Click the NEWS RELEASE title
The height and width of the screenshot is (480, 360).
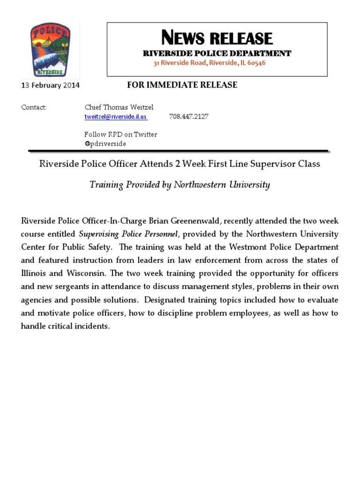coord(217,37)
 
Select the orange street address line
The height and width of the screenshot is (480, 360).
coord(210,63)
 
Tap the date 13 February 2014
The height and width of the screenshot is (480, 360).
coord(51,85)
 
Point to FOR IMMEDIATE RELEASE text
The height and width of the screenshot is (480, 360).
coord(182,85)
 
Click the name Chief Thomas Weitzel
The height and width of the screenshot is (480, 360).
coord(119,107)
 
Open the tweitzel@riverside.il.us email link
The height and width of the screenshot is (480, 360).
coord(115,117)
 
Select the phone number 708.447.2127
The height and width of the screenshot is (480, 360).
coord(188,117)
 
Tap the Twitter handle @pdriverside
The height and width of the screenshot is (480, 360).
coord(105,143)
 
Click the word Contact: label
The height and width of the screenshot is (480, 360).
coord(34,107)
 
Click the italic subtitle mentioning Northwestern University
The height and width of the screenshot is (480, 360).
coord(180,185)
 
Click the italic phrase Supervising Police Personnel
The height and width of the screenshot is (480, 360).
coord(128,233)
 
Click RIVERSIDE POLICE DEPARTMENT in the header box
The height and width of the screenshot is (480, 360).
coord(217,53)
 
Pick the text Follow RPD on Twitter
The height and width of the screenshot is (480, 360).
coord(120,135)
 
